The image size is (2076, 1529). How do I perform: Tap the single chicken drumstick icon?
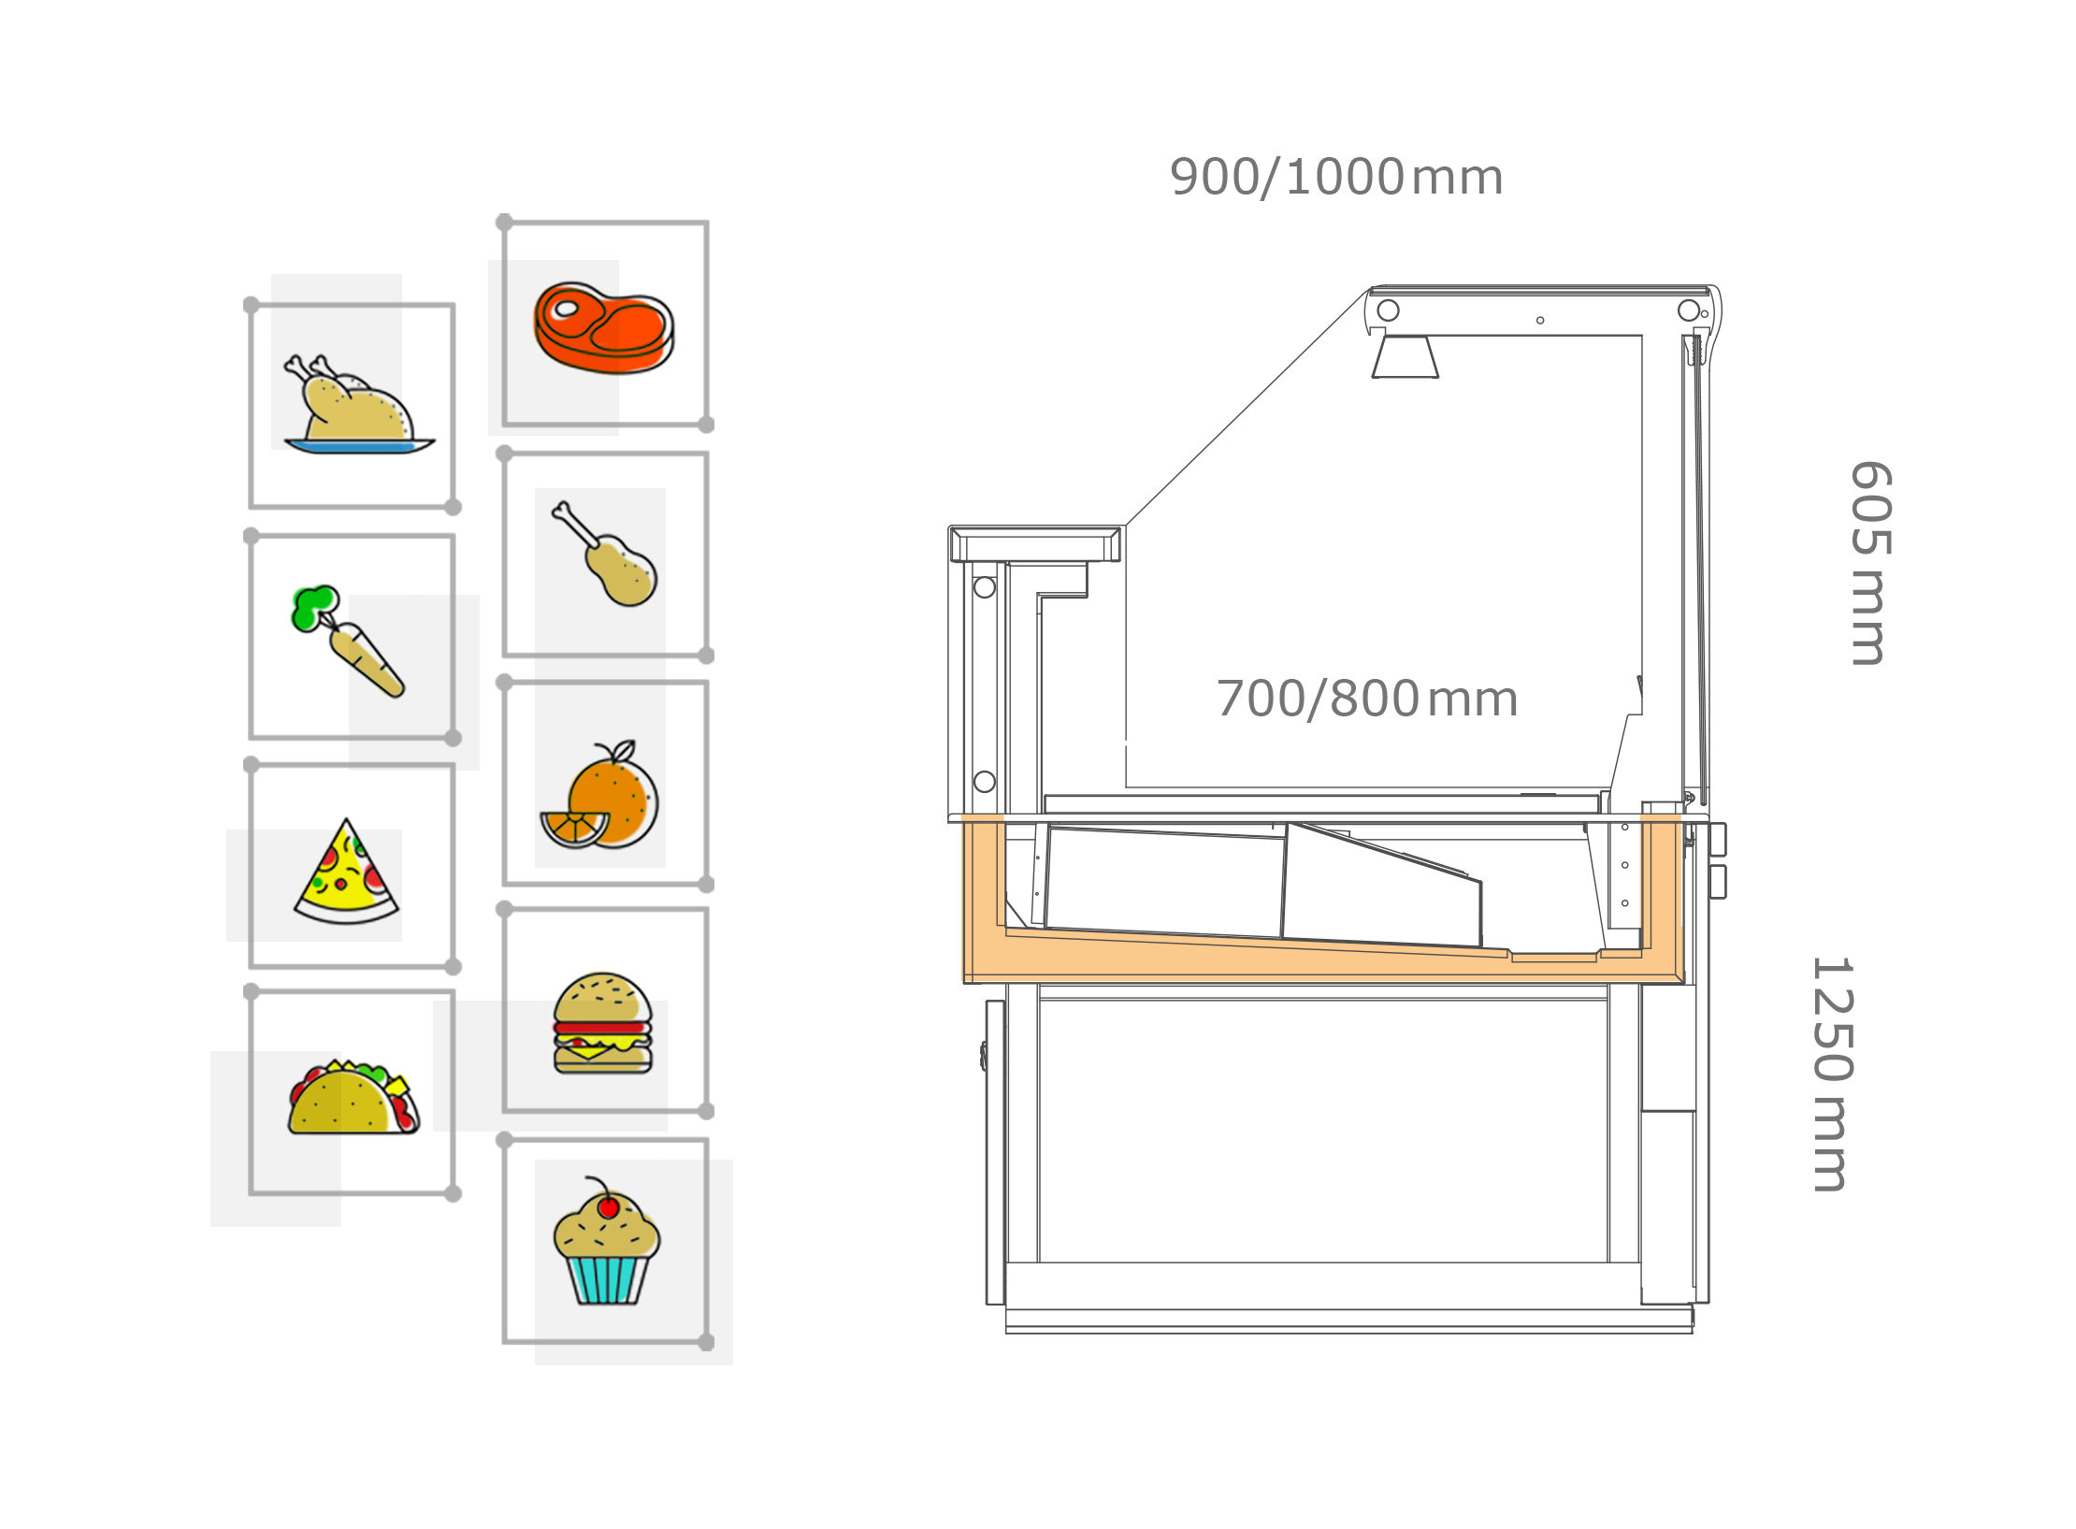609,555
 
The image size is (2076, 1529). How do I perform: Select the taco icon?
354,1098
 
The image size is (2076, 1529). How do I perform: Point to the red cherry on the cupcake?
608,1207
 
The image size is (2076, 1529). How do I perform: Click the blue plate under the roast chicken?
360,446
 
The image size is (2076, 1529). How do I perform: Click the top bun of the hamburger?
603,997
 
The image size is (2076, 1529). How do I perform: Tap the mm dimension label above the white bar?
1365,700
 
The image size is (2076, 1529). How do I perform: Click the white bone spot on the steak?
567,308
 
